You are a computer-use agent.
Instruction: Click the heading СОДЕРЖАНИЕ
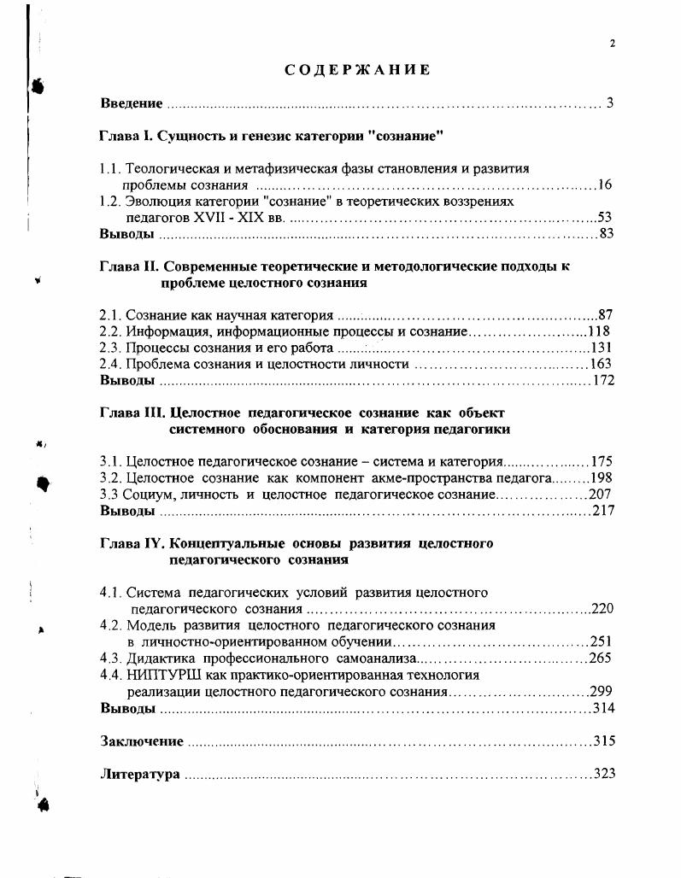coord(357,70)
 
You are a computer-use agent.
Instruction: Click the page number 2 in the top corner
coord(613,44)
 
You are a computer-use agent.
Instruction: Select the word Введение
coord(131,103)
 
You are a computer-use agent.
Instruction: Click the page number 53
coord(604,217)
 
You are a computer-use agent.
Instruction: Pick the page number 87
coord(605,315)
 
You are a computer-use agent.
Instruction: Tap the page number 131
coord(602,348)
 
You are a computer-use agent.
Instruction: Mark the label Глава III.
coord(129,413)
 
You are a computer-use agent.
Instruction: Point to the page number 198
coord(602,478)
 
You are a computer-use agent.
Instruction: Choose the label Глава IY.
coord(130,543)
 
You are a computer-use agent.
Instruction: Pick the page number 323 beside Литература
coord(604,774)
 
